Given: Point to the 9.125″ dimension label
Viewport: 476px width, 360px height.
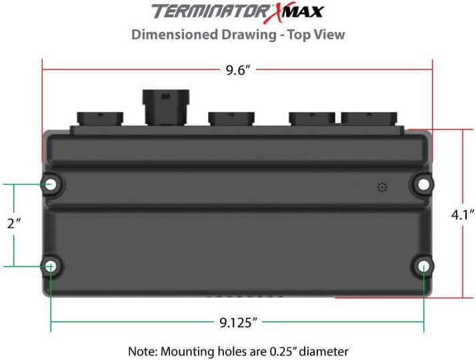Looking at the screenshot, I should tap(238, 323).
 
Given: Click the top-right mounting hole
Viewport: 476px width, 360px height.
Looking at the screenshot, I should tap(423, 184).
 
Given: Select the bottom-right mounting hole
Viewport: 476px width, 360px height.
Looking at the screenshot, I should tap(424, 267).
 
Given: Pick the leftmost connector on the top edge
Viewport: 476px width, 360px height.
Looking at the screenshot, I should tap(100, 118).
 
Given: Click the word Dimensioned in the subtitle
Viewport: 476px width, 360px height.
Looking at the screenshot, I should tap(170, 34).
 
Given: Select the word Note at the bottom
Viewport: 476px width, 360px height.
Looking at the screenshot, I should tap(141, 351).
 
